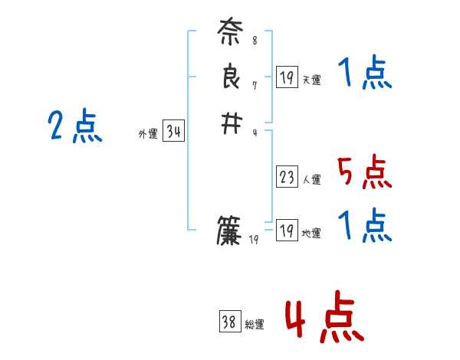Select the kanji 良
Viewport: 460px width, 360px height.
(230, 79)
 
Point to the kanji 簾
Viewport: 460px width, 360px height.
(230, 231)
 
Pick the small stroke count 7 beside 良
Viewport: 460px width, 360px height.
(255, 85)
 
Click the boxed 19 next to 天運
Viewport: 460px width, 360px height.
(287, 77)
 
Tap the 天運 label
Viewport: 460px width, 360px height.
(311, 80)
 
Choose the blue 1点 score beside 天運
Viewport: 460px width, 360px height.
(365, 74)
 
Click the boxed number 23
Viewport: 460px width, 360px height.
(287, 177)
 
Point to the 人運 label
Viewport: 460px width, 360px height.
(311, 180)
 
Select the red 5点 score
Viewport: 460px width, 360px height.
(365, 172)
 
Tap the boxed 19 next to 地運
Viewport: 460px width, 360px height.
(287, 230)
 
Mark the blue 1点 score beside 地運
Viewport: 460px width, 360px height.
(365, 226)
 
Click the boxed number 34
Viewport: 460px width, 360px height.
(173, 132)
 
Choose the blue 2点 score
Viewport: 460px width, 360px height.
(75, 126)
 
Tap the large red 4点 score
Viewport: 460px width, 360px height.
(324, 319)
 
